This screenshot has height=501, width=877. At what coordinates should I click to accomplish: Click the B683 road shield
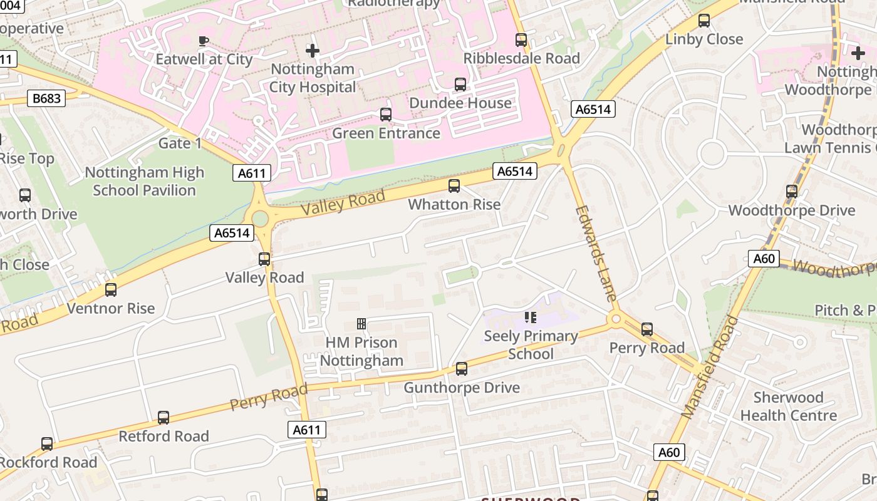pyautogui.click(x=47, y=98)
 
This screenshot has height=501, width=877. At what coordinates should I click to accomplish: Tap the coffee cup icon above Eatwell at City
pyautogui.click(x=204, y=41)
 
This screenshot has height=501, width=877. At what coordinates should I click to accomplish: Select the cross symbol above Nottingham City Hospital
pyautogui.click(x=313, y=50)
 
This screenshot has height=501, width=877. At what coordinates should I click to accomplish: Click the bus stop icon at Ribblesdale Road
pyautogui.click(x=521, y=40)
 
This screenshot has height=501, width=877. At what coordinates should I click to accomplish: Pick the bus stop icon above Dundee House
pyautogui.click(x=460, y=85)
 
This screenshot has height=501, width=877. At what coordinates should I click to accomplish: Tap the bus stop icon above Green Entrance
pyautogui.click(x=386, y=115)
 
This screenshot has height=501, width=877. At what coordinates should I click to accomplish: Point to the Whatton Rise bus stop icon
pyautogui.click(x=454, y=186)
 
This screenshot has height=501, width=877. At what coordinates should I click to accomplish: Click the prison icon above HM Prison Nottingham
pyautogui.click(x=361, y=324)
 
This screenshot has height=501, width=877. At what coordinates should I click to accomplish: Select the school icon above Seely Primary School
pyautogui.click(x=531, y=318)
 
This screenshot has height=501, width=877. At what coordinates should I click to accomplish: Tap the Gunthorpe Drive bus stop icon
pyautogui.click(x=462, y=369)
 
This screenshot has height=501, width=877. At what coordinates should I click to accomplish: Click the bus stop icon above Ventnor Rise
pyautogui.click(x=111, y=290)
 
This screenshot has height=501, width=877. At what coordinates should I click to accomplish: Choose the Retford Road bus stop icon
pyautogui.click(x=163, y=418)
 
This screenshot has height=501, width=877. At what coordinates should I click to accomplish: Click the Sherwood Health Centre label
pyautogui.click(x=788, y=406)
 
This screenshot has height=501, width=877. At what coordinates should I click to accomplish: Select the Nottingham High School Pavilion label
pyautogui.click(x=145, y=181)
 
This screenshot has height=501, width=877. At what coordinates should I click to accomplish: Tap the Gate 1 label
pyautogui.click(x=180, y=143)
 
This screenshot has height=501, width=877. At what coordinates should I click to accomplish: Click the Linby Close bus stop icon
pyautogui.click(x=704, y=21)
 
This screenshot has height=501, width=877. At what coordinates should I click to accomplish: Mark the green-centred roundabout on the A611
pyautogui.click(x=259, y=219)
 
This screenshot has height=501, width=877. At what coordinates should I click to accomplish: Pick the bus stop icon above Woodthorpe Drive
pyautogui.click(x=792, y=192)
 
